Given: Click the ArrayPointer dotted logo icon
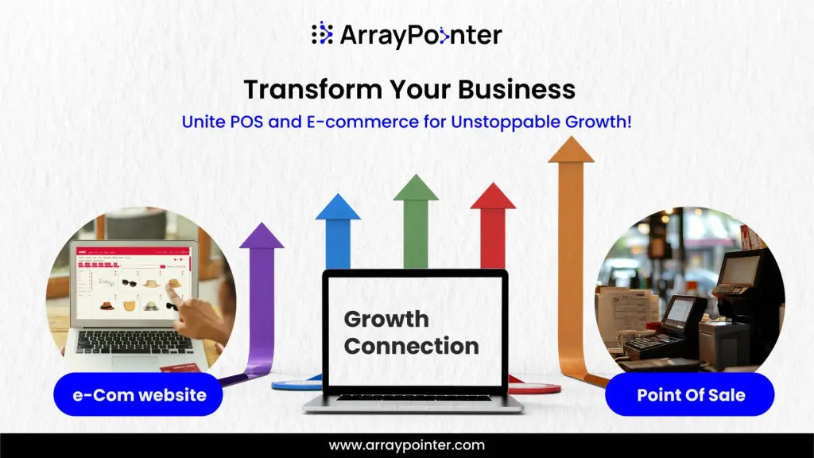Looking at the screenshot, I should [x=322, y=33].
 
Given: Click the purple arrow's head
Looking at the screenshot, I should [x=262, y=236].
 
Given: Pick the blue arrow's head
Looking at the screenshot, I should [x=338, y=208].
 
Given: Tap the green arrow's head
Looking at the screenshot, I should [x=416, y=188].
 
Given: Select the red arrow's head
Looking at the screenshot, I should [x=493, y=196].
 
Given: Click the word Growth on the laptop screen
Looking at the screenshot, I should [x=386, y=320].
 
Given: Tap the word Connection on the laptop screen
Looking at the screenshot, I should [x=411, y=347].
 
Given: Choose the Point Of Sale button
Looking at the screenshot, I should [x=690, y=394].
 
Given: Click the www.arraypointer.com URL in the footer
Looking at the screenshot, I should [x=407, y=445].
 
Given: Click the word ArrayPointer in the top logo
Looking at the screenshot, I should [x=421, y=35].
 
